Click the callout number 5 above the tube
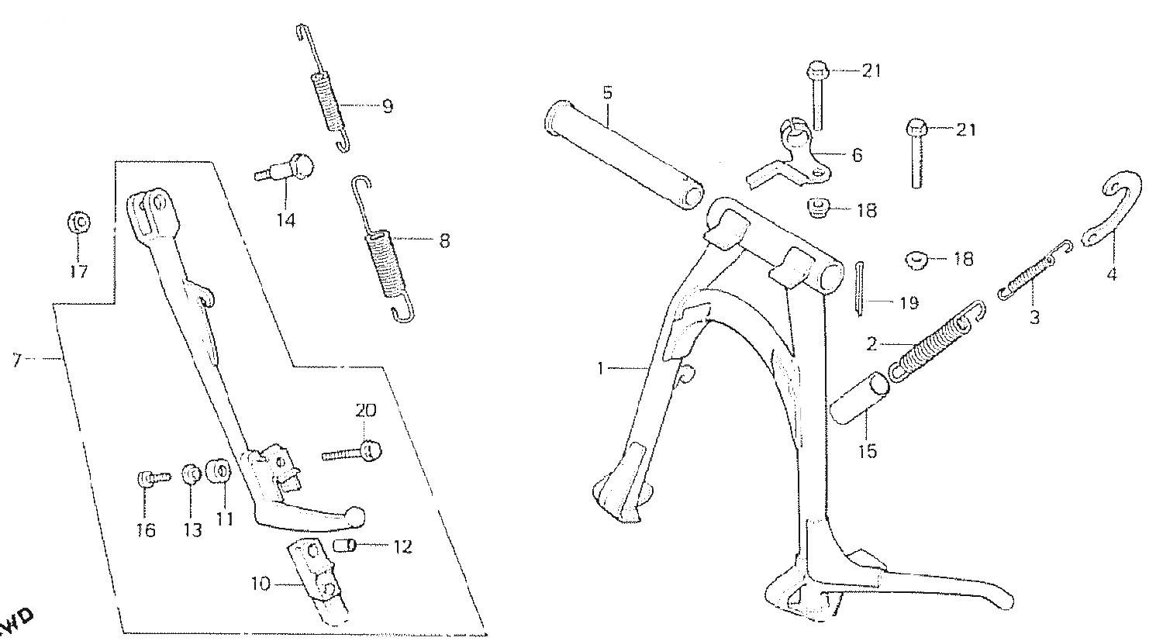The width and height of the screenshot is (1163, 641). coord(607,93)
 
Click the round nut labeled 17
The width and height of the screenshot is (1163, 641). coord(78,223)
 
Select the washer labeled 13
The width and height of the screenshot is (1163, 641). coord(189,473)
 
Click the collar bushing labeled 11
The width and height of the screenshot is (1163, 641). coord(218,471)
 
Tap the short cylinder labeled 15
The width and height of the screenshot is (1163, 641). coord(862,398)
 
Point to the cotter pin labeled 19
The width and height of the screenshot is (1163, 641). coord(861,288)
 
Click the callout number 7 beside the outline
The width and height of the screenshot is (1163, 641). coord(17,360)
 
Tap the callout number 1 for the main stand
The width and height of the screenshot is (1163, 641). coord(600,369)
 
